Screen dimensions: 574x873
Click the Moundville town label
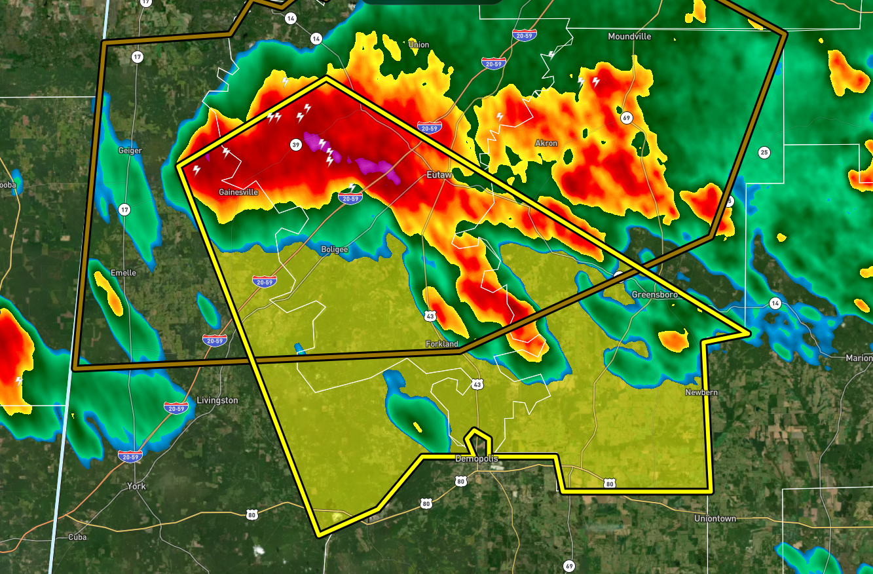tap(629, 37)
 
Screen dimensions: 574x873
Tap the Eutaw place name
tap(439, 175)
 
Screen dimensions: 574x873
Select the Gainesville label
tap(238, 193)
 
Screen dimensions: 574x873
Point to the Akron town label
tap(546, 143)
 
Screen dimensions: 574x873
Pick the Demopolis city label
tap(476, 459)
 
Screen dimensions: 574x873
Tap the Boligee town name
tap(335, 250)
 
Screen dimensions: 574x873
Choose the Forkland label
tap(442, 344)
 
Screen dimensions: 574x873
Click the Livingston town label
tap(217, 400)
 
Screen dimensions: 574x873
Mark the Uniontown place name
tap(715, 518)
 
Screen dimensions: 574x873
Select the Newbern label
tap(701, 392)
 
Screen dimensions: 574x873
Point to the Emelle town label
tap(123, 273)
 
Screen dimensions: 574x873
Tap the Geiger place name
tap(130, 151)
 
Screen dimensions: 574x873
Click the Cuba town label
tap(77, 537)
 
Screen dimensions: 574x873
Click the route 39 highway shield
tap(296, 145)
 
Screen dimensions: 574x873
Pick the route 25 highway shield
tap(764, 153)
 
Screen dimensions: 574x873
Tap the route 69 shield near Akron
tap(627, 118)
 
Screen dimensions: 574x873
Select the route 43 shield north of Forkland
tap(430, 316)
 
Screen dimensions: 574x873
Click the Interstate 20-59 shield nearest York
tap(130, 456)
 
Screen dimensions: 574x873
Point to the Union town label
tap(418, 45)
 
